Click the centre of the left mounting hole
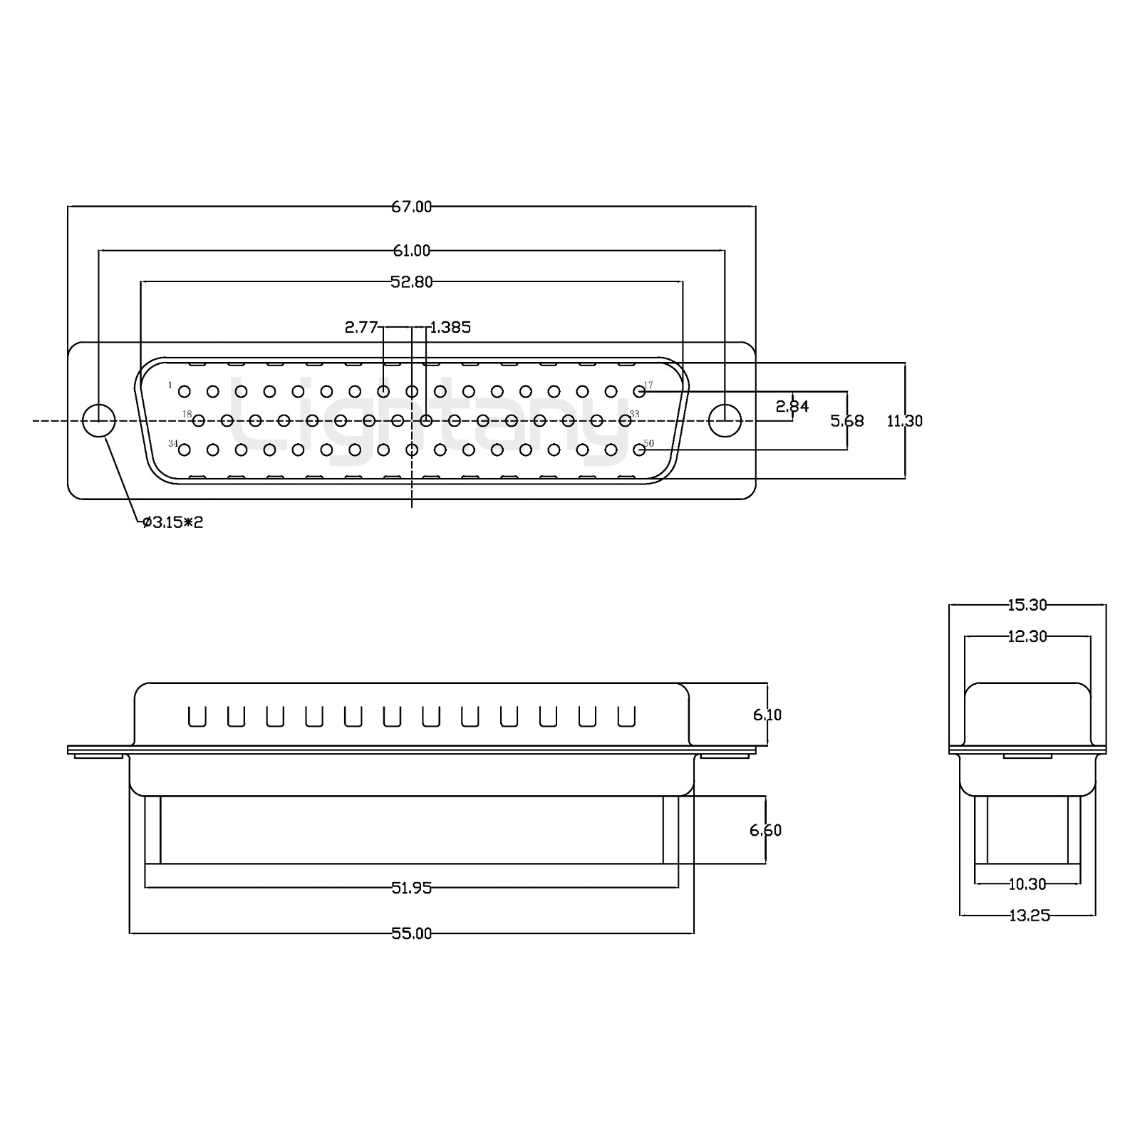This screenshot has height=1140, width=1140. click(99, 420)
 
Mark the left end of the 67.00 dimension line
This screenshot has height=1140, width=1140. click(68, 207)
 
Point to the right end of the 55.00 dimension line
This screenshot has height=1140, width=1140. click(693, 933)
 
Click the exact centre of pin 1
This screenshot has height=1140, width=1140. click(184, 391)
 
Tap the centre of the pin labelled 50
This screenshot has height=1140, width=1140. click(639, 450)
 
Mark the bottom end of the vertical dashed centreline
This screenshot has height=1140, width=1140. click(412, 507)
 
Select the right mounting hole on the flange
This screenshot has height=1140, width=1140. click(725, 420)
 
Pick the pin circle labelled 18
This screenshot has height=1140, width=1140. click(198, 420)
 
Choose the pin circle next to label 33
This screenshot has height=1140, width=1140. click(625, 420)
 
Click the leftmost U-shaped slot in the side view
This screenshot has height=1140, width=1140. click(197, 716)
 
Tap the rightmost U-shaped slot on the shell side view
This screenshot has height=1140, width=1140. click(626, 716)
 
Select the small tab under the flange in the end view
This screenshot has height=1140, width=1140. click(1027, 755)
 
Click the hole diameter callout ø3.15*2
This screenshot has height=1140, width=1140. click(173, 522)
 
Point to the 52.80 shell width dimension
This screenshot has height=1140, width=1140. click(412, 281)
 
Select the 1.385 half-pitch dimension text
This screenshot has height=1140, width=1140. click(451, 327)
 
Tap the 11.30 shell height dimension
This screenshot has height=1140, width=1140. click(904, 420)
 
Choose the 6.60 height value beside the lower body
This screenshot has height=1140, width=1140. click(765, 830)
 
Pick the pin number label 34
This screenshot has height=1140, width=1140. click(173, 443)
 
